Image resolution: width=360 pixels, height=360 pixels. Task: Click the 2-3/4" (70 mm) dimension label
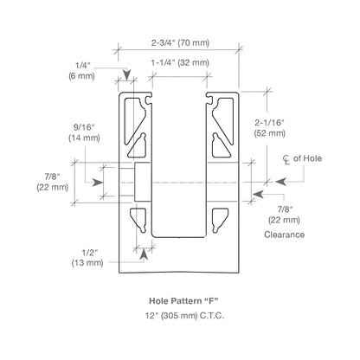[x=180, y=42]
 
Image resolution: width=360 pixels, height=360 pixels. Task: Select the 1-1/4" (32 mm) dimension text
[x=180, y=62]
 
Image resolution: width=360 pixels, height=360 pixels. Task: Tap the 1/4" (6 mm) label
[x=81, y=71]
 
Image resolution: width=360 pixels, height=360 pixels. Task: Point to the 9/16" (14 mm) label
[x=84, y=132]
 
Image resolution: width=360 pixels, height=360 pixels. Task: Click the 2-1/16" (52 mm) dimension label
[x=270, y=128]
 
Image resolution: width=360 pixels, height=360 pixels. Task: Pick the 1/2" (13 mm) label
[x=87, y=258]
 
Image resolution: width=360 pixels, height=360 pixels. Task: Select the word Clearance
[x=284, y=235]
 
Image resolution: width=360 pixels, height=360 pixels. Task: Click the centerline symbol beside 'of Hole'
[x=286, y=159]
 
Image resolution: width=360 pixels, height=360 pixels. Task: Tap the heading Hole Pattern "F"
[x=183, y=301]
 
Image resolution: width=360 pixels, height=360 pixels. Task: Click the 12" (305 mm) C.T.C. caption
[x=184, y=316]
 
